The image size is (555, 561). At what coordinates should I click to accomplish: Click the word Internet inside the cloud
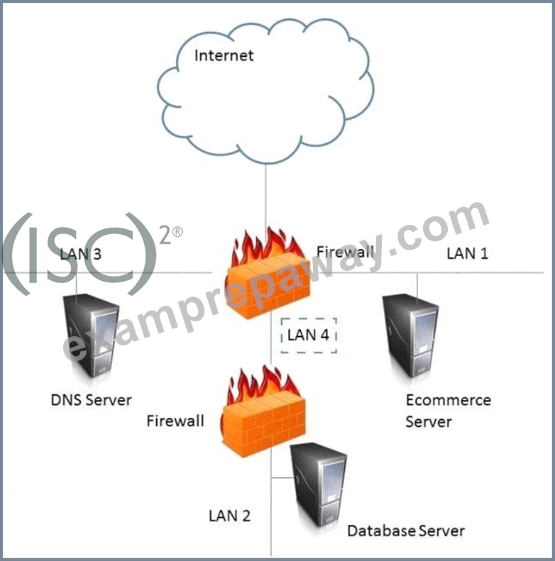pyautogui.click(x=224, y=55)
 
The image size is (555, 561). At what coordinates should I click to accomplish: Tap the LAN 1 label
pyautogui.click(x=467, y=253)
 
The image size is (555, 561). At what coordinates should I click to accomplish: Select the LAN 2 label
pyautogui.click(x=229, y=516)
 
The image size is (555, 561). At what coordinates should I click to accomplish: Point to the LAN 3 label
pyautogui.click(x=81, y=254)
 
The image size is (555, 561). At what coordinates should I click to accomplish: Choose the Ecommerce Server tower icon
pyautogui.click(x=410, y=335)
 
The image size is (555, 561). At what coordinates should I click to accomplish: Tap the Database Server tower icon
pyautogui.click(x=319, y=485)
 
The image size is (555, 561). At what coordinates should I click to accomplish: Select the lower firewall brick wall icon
pyautogui.click(x=264, y=411)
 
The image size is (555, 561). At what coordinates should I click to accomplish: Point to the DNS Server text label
pyautogui.click(x=92, y=400)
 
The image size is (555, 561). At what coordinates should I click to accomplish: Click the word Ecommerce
pyautogui.click(x=449, y=400)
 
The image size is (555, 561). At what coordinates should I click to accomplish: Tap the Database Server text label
pyautogui.click(x=406, y=531)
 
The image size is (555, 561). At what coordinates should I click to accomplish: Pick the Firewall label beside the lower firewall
pyautogui.click(x=175, y=421)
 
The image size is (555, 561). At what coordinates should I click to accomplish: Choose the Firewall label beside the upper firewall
pyautogui.click(x=345, y=252)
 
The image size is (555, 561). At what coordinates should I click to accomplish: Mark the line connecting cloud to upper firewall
pyautogui.click(x=265, y=196)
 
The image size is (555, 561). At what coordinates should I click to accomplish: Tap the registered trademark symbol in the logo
pyautogui.click(x=177, y=232)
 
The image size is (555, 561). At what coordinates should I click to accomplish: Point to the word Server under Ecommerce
pyautogui.click(x=429, y=422)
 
